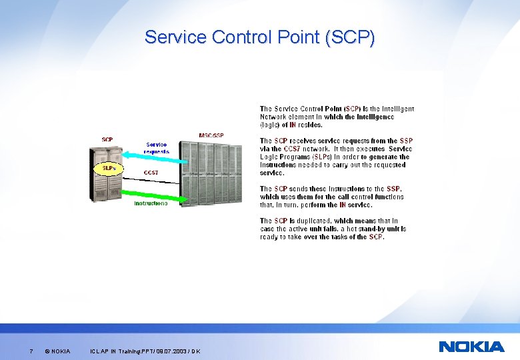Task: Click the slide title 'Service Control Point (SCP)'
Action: (x=259, y=37)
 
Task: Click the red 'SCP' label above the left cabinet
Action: (x=107, y=139)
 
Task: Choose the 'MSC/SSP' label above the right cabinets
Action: (x=211, y=135)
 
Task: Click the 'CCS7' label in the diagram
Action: (x=151, y=172)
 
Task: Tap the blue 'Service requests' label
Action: (x=157, y=147)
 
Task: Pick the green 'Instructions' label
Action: (x=151, y=203)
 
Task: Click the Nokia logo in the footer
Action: (x=471, y=346)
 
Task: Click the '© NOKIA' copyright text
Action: (x=57, y=351)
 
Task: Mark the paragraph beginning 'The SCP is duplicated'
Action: (x=333, y=229)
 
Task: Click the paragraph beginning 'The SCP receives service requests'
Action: (x=336, y=157)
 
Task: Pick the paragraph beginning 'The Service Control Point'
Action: (x=337, y=117)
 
